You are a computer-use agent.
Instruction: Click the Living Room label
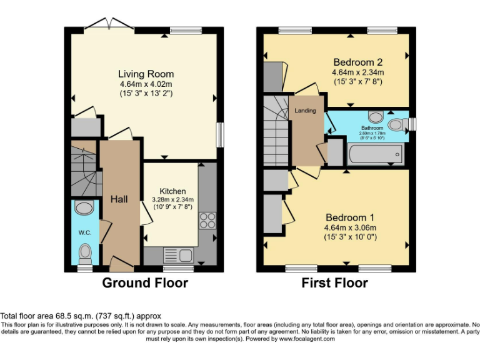pos(146,74)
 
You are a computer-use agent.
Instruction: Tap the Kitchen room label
pos(172,191)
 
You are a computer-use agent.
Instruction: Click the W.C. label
pos(84,232)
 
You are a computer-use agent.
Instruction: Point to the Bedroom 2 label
pos(357,62)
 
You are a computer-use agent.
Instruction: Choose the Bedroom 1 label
pos(350,217)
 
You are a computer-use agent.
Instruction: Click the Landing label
pos(306,111)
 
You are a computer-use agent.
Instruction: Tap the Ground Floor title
pos(144,283)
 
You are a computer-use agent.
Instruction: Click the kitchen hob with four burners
pos(207,220)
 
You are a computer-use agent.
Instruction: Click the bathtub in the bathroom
pos(375,154)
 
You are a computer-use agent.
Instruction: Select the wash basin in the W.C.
pos(83,206)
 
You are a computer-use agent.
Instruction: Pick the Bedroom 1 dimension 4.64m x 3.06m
pos(350,227)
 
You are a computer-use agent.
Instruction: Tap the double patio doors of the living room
pos(109,24)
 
